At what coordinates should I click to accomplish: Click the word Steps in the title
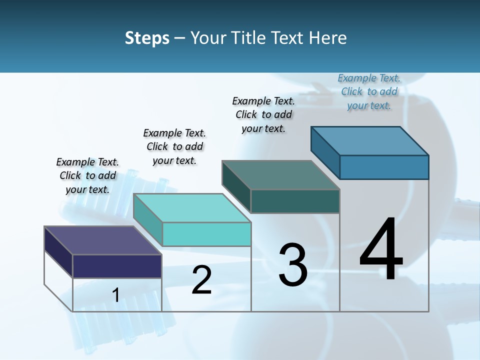147,38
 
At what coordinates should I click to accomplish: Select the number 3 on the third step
293,265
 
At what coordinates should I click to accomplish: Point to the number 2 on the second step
201,280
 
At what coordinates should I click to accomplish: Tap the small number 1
115,295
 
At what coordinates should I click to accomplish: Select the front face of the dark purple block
117,266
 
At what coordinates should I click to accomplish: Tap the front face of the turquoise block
206,234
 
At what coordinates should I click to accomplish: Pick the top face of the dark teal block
280,175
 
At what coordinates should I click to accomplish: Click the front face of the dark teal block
295,201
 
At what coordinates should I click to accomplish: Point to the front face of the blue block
384,167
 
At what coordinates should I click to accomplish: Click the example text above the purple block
87,175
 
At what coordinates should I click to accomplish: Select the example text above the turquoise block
174,146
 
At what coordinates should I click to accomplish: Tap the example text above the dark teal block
263,114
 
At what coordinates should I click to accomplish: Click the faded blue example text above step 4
369,91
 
